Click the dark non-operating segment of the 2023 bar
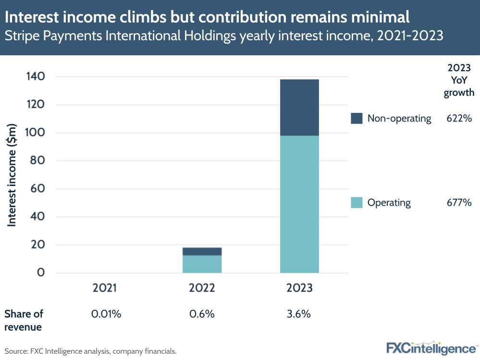pyautogui.click(x=299, y=107)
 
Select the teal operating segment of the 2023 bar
pyautogui.click(x=299, y=204)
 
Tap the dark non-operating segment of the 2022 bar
pyautogui.click(x=202, y=251)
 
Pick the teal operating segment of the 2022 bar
pyautogui.click(x=202, y=264)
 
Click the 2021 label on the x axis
pyautogui.click(x=105, y=288)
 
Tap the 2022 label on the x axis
pyautogui.click(x=202, y=288)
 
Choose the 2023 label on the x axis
pyautogui.click(x=299, y=288)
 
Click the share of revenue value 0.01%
pyautogui.click(x=106, y=314)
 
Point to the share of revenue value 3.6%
pyautogui.click(x=299, y=314)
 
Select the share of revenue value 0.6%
pyautogui.click(x=202, y=314)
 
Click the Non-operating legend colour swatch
pyautogui.click(x=357, y=118)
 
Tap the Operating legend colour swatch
pyautogui.click(x=357, y=202)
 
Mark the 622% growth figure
pyautogui.click(x=459, y=118)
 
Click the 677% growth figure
pyautogui.click(x=459, y=202)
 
